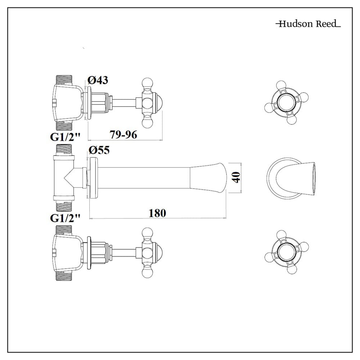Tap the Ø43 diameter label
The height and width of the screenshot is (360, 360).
click(98, 80)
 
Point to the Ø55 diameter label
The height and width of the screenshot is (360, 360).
click(99, 150)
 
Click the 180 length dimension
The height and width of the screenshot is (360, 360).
click(157, 213)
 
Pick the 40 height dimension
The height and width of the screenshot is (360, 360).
click(236, 177)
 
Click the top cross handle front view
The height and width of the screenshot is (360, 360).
click(287, 102)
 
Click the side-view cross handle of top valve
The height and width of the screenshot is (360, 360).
click(148, 103)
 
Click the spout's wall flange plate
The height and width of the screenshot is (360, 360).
click(93, 177)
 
